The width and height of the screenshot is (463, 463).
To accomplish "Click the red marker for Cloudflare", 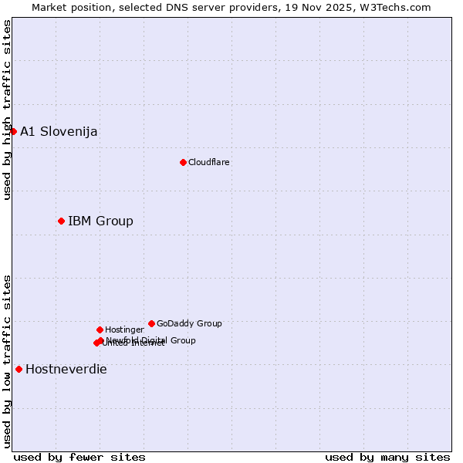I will tap(183, 162).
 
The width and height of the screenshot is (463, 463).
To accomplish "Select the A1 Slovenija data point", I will tap(13, 131).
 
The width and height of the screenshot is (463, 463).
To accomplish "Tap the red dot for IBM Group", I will tap(61, 221).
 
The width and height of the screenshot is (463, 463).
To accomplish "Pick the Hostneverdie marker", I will tap(19, 369).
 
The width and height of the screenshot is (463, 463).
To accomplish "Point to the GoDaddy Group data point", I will tap(151, 323).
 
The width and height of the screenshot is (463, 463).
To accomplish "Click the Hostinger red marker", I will tap(100, 330).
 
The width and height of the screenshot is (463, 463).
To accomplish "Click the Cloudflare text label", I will tap(209, 162).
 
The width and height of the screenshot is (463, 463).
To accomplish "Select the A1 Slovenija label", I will tap(59, 131).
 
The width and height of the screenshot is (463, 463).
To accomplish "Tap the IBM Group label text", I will tap(100, 221).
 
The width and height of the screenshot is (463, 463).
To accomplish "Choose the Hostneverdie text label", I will tap(66, 369).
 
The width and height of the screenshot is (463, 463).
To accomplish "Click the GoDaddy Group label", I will tap(189, 323).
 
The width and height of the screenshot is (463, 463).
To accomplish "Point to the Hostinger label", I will tap(124, 330).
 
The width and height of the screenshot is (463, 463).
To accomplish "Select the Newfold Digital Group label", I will tap(151, 340).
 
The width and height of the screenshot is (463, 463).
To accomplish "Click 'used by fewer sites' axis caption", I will tap(79, 457).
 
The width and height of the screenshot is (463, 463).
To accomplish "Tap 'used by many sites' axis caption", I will tap(387, 457).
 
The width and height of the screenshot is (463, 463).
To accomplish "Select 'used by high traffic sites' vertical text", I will tap(7, 110).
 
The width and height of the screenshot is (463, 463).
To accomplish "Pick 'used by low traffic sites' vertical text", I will tap(7, 360).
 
